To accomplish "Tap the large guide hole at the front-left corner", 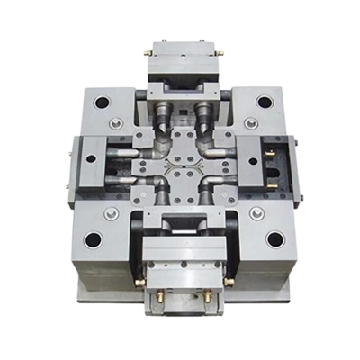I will click(x=93, y=240).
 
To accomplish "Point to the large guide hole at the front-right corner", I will click(x=274, y=240).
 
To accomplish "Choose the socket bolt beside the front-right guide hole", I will click(x=256, y=213).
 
